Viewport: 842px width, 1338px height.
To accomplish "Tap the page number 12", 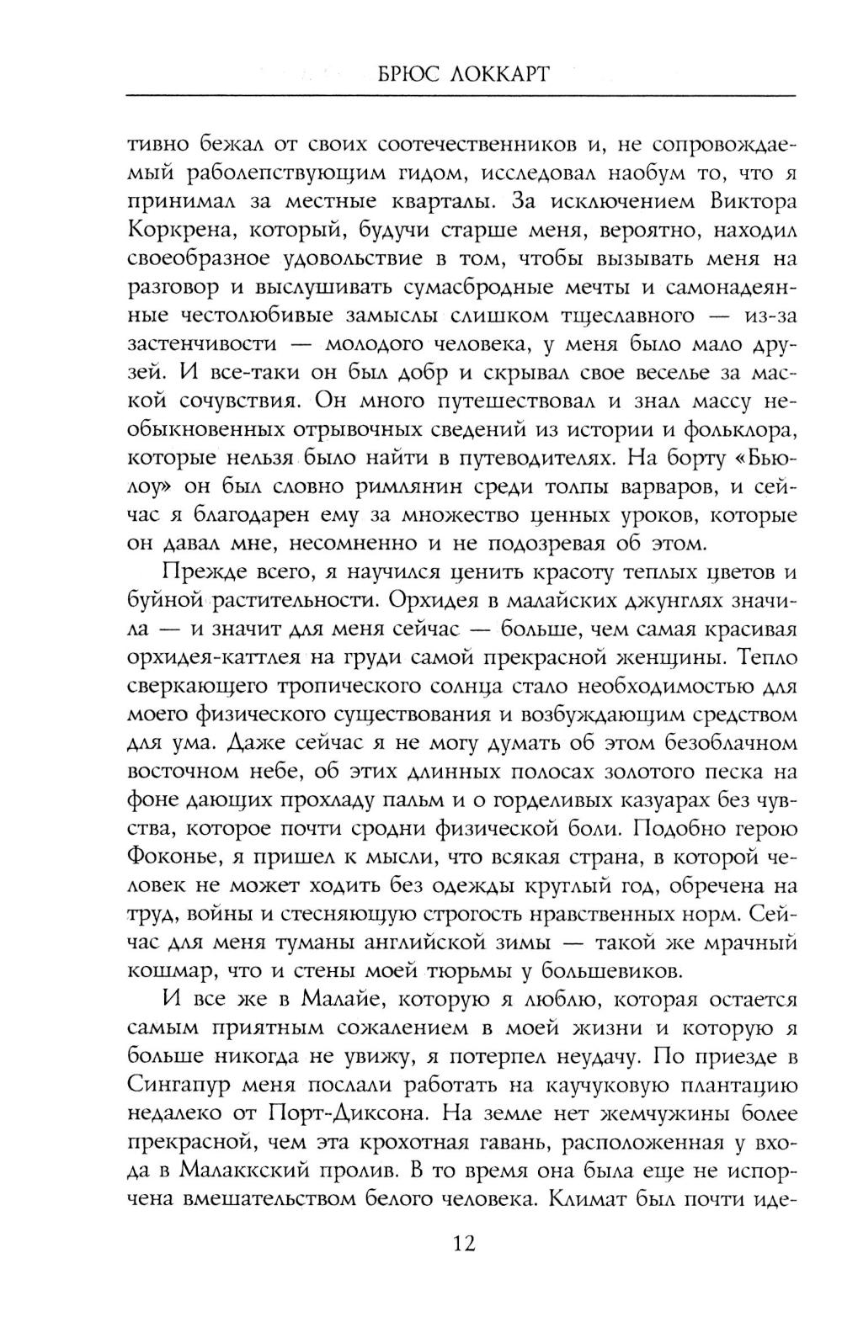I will tap(461, 1243).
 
